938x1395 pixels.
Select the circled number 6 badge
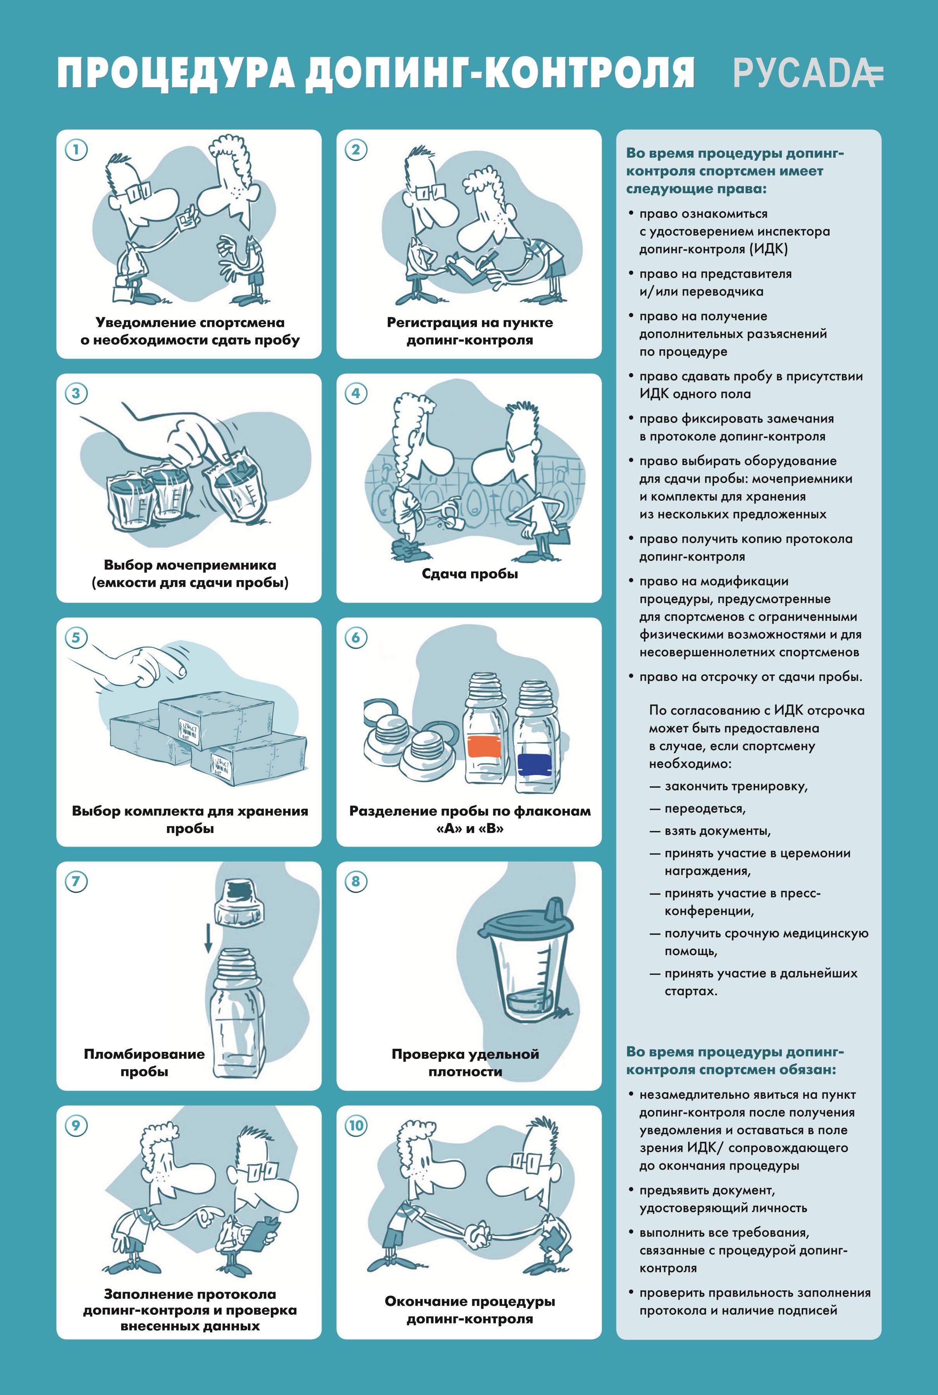click(356, 637)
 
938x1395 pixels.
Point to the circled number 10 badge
click(356, 1125)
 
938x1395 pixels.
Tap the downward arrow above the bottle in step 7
click(208, 936)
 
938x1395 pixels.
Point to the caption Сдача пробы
click(470, 574)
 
